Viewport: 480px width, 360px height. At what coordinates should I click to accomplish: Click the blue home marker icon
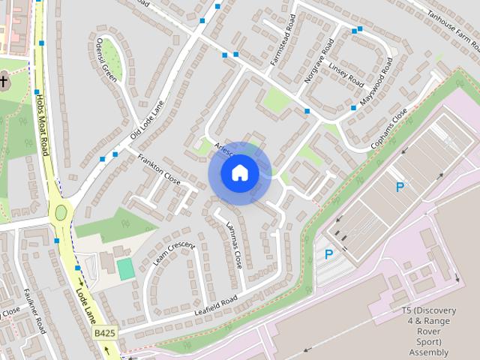[x=238, y=172]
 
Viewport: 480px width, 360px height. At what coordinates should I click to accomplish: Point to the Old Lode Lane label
[x=146, y=116]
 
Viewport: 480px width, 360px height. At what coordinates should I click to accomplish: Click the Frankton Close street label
[x=159, y=169]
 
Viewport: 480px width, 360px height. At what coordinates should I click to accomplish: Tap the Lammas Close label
[x=232, y=248]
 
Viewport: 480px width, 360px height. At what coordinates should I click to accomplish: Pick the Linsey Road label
[x=346, y=73]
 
